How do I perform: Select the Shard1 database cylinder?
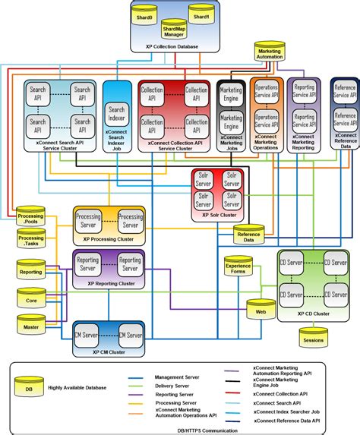coord(200,16)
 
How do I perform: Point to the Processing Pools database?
coord(30,219)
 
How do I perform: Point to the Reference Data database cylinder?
coord(250,236)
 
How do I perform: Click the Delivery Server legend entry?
coord(172,386)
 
